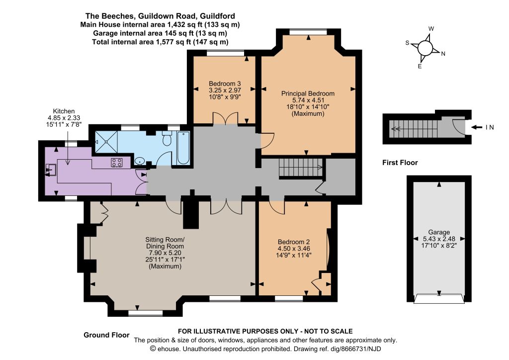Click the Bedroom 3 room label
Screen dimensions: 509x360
[225, 84]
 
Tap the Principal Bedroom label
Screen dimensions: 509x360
[308, 93]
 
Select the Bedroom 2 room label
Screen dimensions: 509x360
[294, 242]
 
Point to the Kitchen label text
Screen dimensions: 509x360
[64, 111]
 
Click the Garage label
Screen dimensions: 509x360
[439, 232]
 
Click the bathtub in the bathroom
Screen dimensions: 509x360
[183, 148]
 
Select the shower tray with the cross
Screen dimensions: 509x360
[106, 142]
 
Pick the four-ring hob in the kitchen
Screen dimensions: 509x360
[117, 162]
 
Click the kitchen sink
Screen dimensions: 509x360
[51, 170]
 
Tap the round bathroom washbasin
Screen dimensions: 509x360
[140, 161]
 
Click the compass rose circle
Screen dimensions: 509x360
[425, 48]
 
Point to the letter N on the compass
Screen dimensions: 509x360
[443, 54]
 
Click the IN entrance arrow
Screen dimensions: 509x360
[477, 127]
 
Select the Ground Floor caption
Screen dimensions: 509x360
[106, 335]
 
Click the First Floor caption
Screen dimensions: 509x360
[400, 163]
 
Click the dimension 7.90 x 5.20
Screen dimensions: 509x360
[165, 253]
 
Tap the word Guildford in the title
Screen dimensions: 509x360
[218, 16]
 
